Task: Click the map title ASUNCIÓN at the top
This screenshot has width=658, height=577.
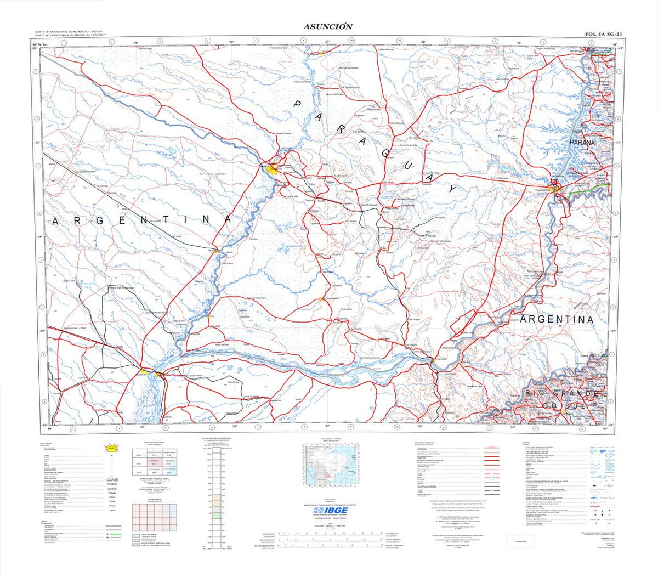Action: tap(328, 26)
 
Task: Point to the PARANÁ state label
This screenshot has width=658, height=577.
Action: tap(582, 143)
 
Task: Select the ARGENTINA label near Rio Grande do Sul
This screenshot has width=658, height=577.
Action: tap(557, 319)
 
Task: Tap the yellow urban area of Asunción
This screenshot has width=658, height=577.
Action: tap(270, 170)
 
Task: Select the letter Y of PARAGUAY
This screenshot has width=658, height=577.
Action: tap(451, 188)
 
